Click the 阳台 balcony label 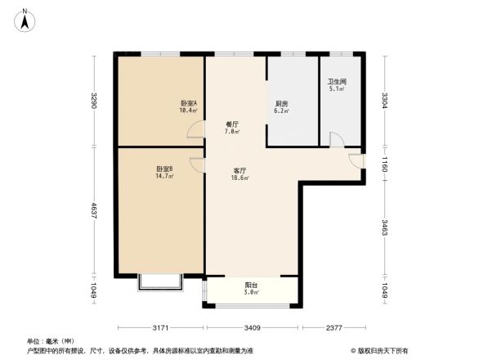tap(252, 288)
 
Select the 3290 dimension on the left tap(95, 101)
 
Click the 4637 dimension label tap(95, 210)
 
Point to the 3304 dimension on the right tap(384, 101)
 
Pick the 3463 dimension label tap(384, 227)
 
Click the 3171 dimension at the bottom tap(160, 328)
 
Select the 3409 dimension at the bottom tap(252, 328)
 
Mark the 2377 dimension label tap(332, 328)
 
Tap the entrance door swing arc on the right tap(354, 160)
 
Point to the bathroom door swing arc tap(336, 140)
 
